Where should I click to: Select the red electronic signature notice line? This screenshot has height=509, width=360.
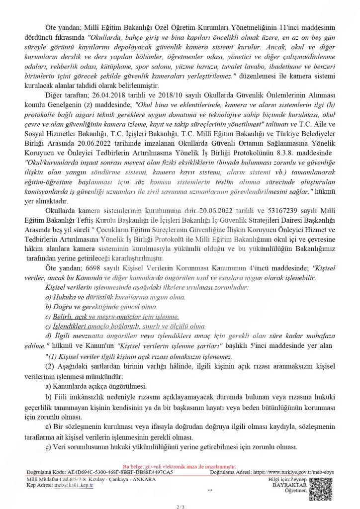[x=180, y=467]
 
